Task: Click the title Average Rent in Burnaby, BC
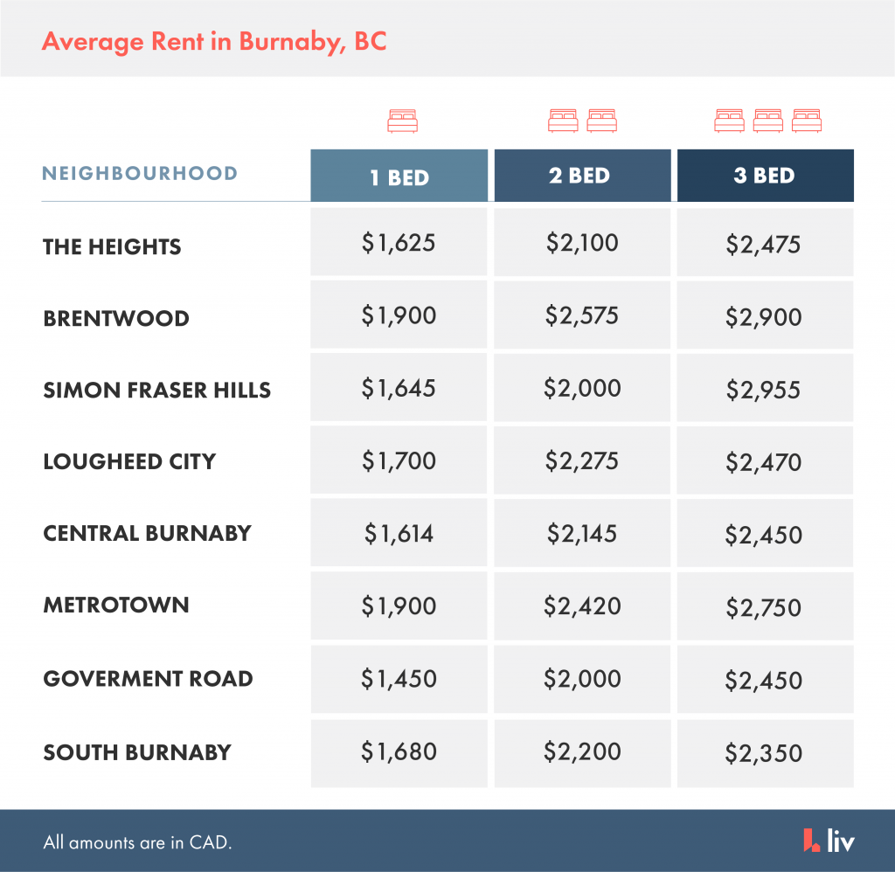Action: point(214,41)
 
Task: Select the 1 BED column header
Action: point(399,176)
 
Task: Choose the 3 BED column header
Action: point(764,176)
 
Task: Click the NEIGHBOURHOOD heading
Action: point(140,173)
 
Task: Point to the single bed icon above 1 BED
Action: point(403,121)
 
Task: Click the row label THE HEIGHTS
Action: point(112,246)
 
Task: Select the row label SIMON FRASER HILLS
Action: point(157,390)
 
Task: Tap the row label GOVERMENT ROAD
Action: point(148,679)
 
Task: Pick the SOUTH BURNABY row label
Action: point(137,752)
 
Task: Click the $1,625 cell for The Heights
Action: point(399,243)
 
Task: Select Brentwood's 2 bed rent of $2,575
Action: point(582,315)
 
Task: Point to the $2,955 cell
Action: point(764,389)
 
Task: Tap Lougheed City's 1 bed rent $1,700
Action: point(399,460)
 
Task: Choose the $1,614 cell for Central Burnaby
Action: point(399,533)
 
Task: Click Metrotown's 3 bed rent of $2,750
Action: point(764,606)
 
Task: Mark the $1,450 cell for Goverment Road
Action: point(399,678)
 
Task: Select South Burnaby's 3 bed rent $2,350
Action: point(764,751)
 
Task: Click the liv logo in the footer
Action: point(829,841)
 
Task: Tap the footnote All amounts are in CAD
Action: point(138,843)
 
